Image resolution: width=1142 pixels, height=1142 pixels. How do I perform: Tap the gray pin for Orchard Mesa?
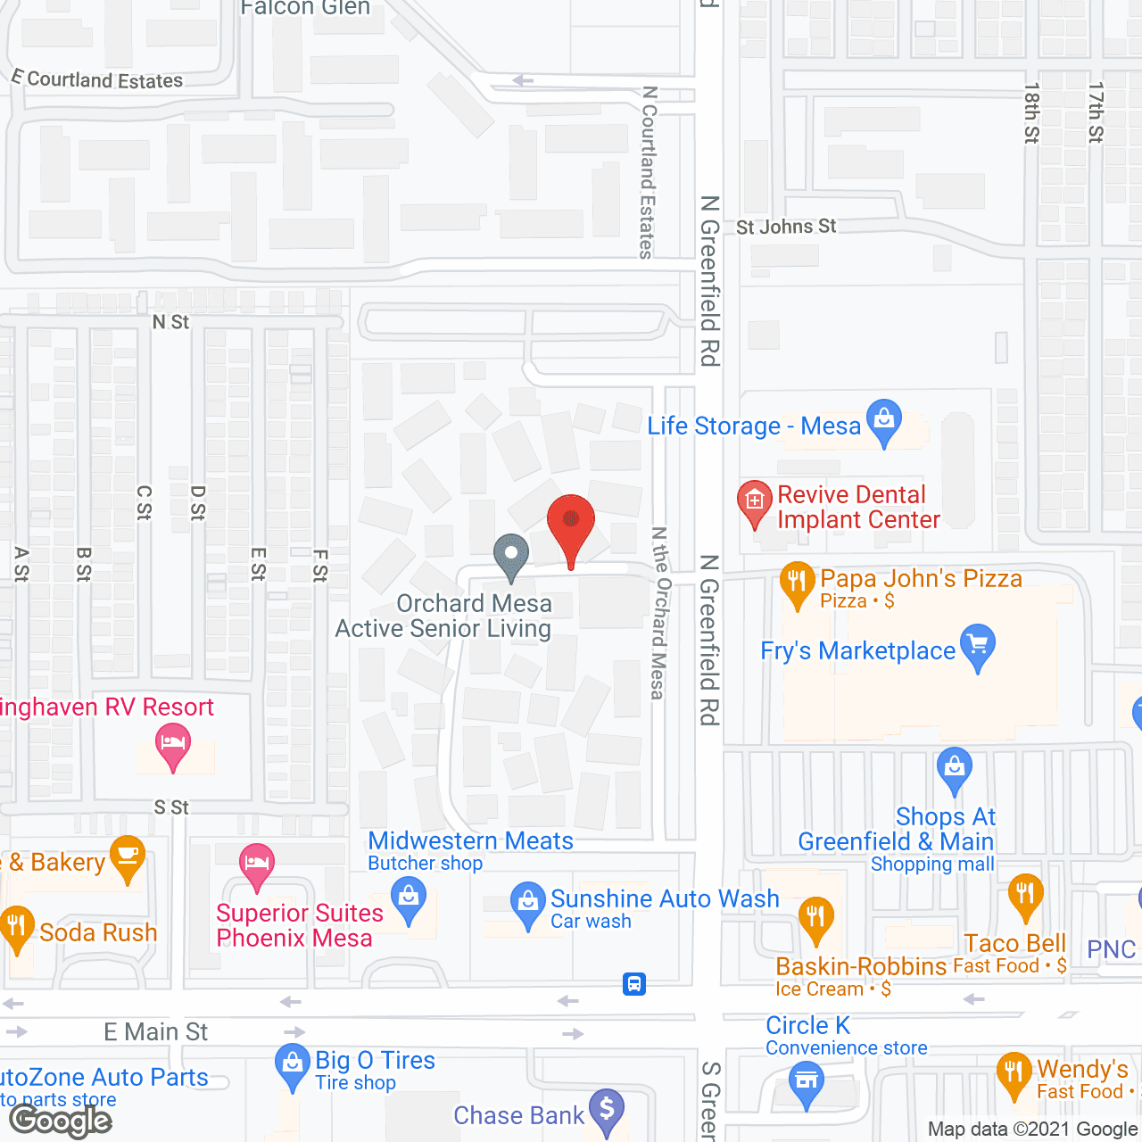[511, 556]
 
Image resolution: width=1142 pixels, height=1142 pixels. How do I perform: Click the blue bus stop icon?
[634, 984]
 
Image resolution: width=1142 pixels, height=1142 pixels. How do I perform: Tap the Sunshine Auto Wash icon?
[527, 905]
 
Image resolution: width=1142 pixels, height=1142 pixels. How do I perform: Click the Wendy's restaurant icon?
[1014, 1074]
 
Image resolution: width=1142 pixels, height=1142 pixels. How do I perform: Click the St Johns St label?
[786, 227]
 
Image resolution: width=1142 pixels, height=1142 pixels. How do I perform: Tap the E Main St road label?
[156, 1032]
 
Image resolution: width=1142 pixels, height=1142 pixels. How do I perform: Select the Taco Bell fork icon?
[1025, 895]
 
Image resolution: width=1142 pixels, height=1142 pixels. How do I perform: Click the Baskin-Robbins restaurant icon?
[815, 919]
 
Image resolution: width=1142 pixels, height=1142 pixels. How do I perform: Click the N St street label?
[170, 322]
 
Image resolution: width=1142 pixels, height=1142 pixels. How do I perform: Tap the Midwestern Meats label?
[470, 840]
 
